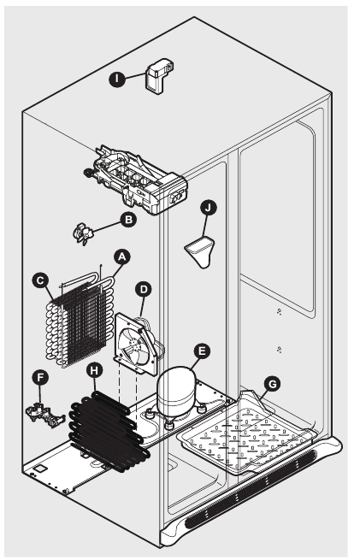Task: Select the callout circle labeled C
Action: point(39,280)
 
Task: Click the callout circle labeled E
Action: point(202,350)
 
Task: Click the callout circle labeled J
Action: point(209,208)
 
